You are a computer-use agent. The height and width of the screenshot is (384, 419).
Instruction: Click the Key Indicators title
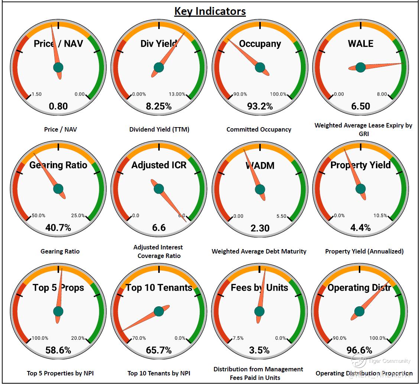click(210, 12)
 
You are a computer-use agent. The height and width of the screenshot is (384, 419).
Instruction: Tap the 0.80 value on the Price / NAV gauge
click(58, 106)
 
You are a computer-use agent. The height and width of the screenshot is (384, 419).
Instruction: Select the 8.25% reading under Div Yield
click(159, 106)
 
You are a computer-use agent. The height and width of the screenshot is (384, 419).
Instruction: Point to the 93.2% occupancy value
click(260, 106)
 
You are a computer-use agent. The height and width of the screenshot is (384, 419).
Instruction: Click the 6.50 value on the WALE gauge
click(360, 106)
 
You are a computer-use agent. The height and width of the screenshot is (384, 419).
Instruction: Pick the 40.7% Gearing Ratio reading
click(58, 228)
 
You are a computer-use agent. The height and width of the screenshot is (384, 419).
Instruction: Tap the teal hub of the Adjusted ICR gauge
click(159, 188)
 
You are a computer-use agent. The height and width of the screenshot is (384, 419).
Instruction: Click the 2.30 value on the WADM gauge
click(260, 228)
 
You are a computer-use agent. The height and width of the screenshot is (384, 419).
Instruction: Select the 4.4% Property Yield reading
click(360, 228)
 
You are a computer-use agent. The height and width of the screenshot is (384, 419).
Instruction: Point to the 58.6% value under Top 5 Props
click(58, 350)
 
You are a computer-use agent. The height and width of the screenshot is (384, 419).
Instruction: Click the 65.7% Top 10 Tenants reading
click(159, 350)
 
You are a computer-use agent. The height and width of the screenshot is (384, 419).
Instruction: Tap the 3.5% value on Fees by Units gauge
click(260, 350)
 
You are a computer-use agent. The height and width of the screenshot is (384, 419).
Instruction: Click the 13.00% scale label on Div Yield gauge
click(177, 94)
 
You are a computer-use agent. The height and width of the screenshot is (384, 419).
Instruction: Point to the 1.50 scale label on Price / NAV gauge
click(37, 94)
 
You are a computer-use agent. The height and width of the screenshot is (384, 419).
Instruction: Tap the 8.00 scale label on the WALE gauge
click(381, 94)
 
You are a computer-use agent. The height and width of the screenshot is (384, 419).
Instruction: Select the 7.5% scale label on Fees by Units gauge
click(238, 338)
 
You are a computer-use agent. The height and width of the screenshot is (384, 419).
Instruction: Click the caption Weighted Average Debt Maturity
click(259, 251)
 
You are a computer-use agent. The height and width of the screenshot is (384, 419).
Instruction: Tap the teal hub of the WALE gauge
click(360, 67)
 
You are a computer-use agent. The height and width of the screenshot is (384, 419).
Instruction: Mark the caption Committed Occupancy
click(259, 129)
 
